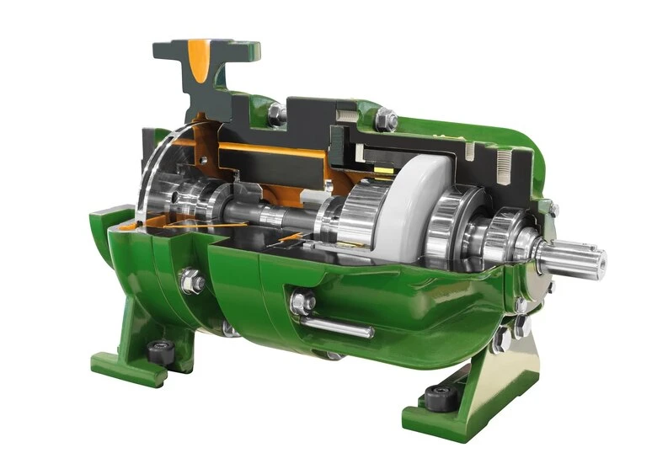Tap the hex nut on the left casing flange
click(x=192, y=280)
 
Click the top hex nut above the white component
click(x=386, y=120)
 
